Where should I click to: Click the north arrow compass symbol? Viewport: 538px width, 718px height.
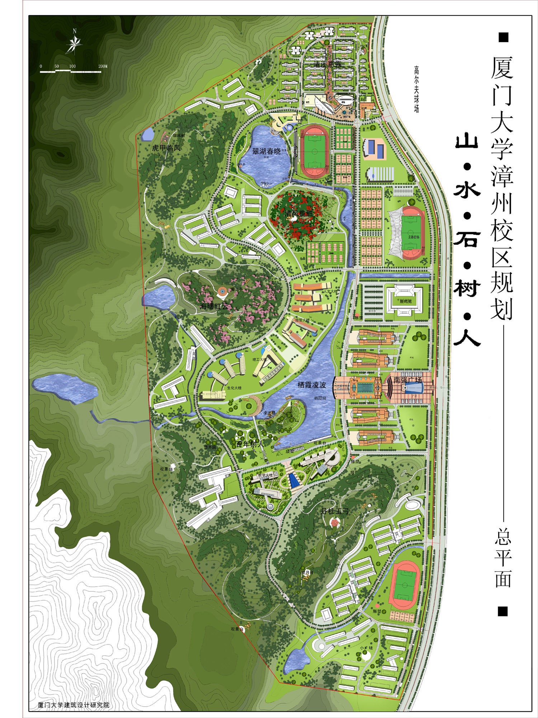[x=74, y=42]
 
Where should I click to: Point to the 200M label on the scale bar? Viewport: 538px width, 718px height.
[x=103, y=66]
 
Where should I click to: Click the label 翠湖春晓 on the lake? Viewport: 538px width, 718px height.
[x=266, y=151]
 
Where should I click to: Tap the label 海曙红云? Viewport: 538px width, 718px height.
[x=214, y=306]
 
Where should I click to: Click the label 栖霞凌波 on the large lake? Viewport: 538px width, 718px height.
[x=312, y=385]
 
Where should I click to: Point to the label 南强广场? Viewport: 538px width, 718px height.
[x=407, y=379]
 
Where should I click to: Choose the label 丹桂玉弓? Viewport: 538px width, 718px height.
[x=335, y=511]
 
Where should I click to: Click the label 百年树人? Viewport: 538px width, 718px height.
[x=250, y=444]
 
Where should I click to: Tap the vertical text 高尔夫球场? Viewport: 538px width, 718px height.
[x=416, y=89]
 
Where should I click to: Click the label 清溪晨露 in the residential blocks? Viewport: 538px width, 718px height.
[x=327, y=64]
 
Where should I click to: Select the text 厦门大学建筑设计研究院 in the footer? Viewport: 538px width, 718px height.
[x=74, y=705]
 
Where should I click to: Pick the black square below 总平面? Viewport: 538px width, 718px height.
[x=503, y=611]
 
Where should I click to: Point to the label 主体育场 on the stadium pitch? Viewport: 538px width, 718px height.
[x=413, y=237]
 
